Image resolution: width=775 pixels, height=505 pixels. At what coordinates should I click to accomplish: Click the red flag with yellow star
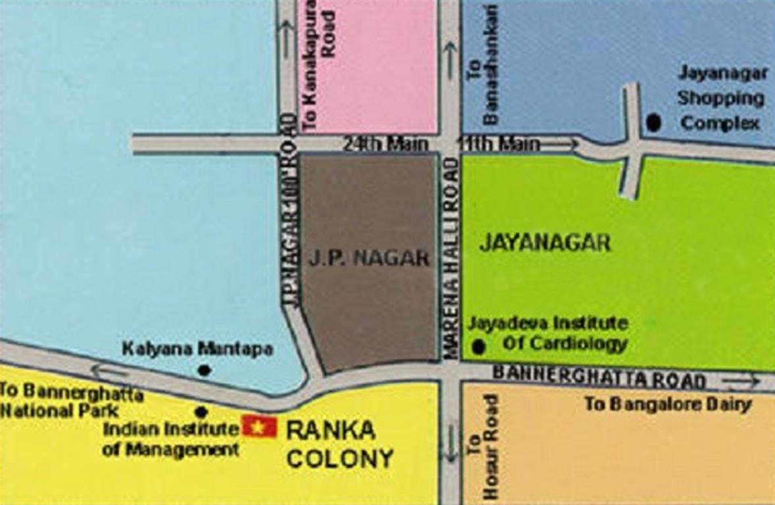click(260, 427)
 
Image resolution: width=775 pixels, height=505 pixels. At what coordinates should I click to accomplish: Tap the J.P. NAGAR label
click(369, 258)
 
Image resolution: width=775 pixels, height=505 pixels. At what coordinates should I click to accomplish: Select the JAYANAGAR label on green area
click(545, 243)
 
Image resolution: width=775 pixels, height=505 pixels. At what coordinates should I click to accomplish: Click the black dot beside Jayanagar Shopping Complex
click(653, 122)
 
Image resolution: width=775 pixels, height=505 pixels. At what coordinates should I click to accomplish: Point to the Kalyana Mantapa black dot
click(204, 370)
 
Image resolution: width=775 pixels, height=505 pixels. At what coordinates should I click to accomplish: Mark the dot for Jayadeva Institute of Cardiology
click(479, 346)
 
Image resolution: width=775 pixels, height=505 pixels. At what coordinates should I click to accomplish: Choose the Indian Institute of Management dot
click(202, 412)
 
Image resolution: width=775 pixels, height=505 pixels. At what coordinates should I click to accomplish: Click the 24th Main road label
click(386, 143)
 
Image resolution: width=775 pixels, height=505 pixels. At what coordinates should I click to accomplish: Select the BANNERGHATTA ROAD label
click(599, 377)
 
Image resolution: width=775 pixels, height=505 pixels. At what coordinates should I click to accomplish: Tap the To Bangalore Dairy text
click(668, 404)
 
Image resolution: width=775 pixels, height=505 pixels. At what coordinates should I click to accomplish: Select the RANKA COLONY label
click(339, 445)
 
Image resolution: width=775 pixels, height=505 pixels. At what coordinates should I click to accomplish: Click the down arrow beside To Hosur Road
click(450, 442)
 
